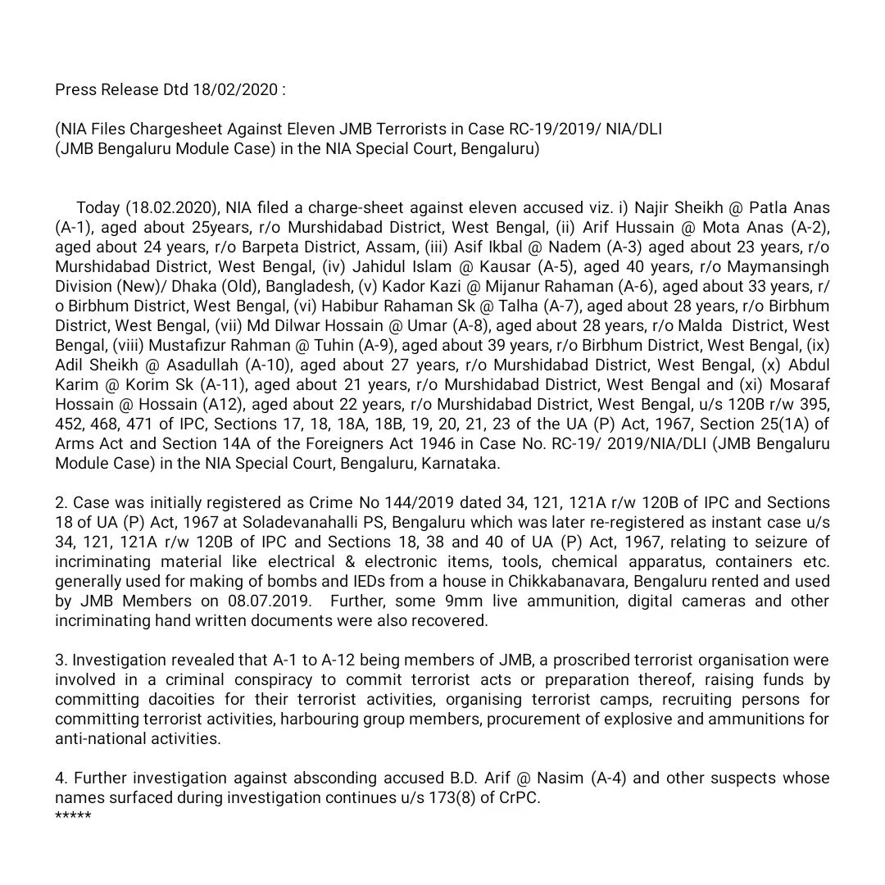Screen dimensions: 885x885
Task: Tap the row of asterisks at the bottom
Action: [74, 817]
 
